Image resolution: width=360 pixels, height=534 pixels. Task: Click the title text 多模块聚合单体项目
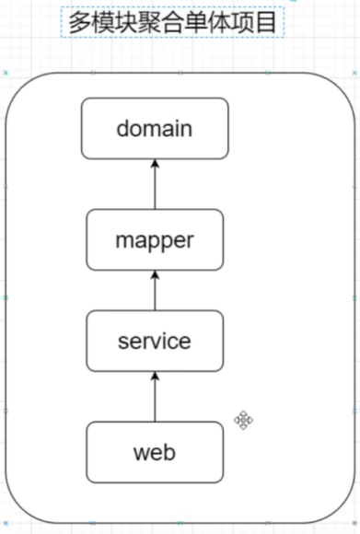[x=172, y=21]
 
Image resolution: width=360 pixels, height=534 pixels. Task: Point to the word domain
[x=155, y=128]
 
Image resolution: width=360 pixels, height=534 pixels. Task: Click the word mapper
[x=155, y=241]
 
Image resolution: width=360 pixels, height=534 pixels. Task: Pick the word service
[x=155, y=342]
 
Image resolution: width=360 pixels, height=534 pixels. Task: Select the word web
[x=155, y=453]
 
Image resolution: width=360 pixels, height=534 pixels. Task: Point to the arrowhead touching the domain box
[x=155, y=164]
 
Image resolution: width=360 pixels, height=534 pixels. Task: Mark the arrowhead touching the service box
[x=155, y=377]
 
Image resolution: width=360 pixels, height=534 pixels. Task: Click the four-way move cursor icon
[x=244, y=421]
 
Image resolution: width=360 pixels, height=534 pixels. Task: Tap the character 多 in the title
[x=79, y=21]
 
